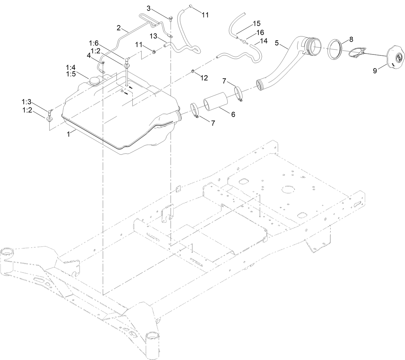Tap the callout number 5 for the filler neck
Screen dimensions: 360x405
click(277, 43)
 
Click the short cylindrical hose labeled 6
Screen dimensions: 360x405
click(215, 102)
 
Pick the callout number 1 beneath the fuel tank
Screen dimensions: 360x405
click(69, 134)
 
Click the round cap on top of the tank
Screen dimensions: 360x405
click(95, 72)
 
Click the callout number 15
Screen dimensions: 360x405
click(257, 24)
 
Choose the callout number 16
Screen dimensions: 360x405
click(260, 33)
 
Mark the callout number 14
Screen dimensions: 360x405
click(264, 41)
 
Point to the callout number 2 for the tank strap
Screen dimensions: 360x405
click(118, 28)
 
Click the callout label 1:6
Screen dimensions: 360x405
click(95, 43)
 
